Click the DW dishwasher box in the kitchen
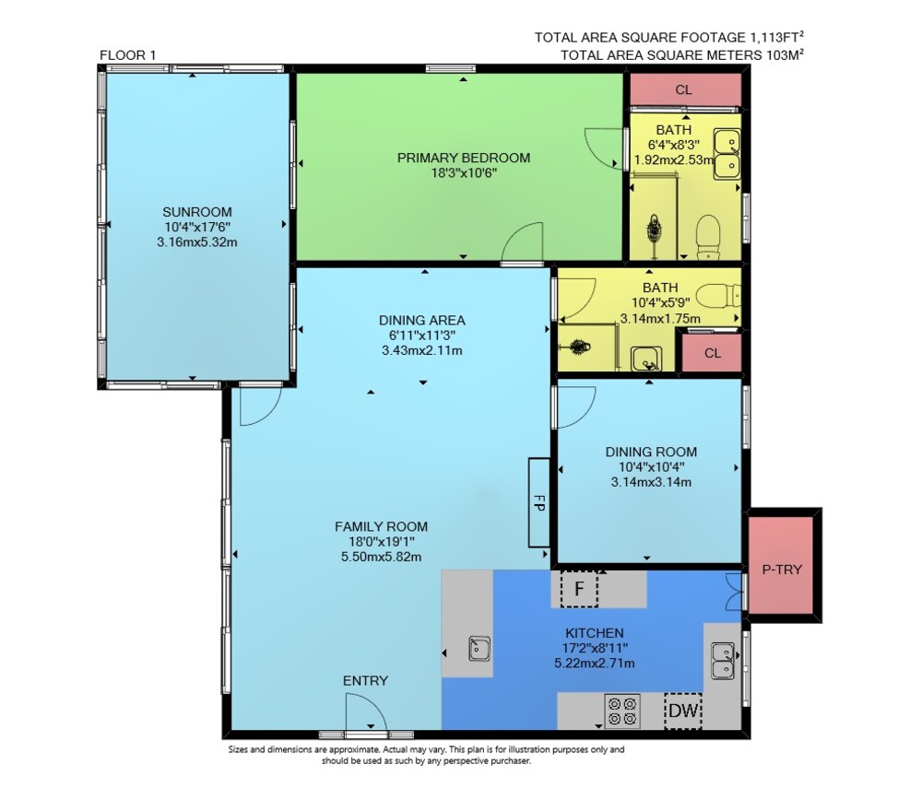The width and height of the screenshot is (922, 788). pos(682,711)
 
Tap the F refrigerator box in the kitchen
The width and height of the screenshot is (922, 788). pos(579,588)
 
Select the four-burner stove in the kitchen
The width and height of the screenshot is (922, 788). pos(622,711)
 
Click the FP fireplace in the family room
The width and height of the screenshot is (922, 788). pos(538,502)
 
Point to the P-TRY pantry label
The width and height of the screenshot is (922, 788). pos(782,570)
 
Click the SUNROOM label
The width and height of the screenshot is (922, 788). pos(197,212)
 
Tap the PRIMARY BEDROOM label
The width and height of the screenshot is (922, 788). pos(464,158)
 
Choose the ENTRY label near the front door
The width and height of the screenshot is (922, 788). pos(365,680)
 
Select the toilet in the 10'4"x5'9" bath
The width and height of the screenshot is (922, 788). pos(721,295)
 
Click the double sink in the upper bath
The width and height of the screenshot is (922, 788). pos(727,154)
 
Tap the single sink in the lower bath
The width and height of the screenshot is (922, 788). pos(646,359)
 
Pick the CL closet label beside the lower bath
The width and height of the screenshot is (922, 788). pos(713,353)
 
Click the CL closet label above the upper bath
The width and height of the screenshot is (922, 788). pos(683,90)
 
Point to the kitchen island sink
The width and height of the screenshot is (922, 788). pos(479,649)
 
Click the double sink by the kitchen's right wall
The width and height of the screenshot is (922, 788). pos(723,661)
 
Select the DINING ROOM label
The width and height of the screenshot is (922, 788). pos(651,452)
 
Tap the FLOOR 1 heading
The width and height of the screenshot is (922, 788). pos(127,55)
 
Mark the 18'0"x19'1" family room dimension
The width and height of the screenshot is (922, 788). pos(381,542)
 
